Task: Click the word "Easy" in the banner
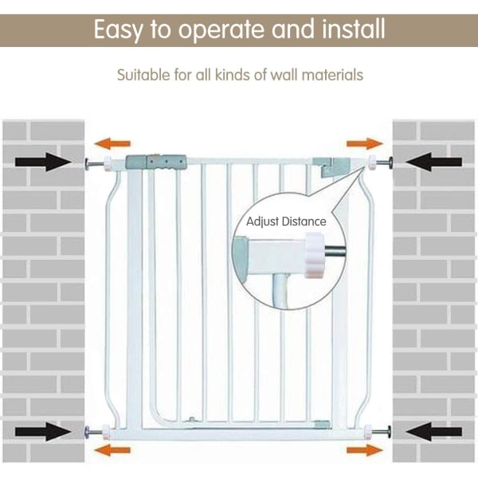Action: pyautogui.click(x=120, y=30)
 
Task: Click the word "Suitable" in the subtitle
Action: pyautogui.click(x=143, y=76)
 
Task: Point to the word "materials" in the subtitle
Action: pyautogui.click(x=334, y=76)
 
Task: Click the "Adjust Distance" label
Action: pyautogui.click(x=286, y=221)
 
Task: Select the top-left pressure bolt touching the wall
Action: pyautogui.click(x=91, y=164)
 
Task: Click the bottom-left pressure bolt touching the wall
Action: pyautogui.click(x=91, y=433)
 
